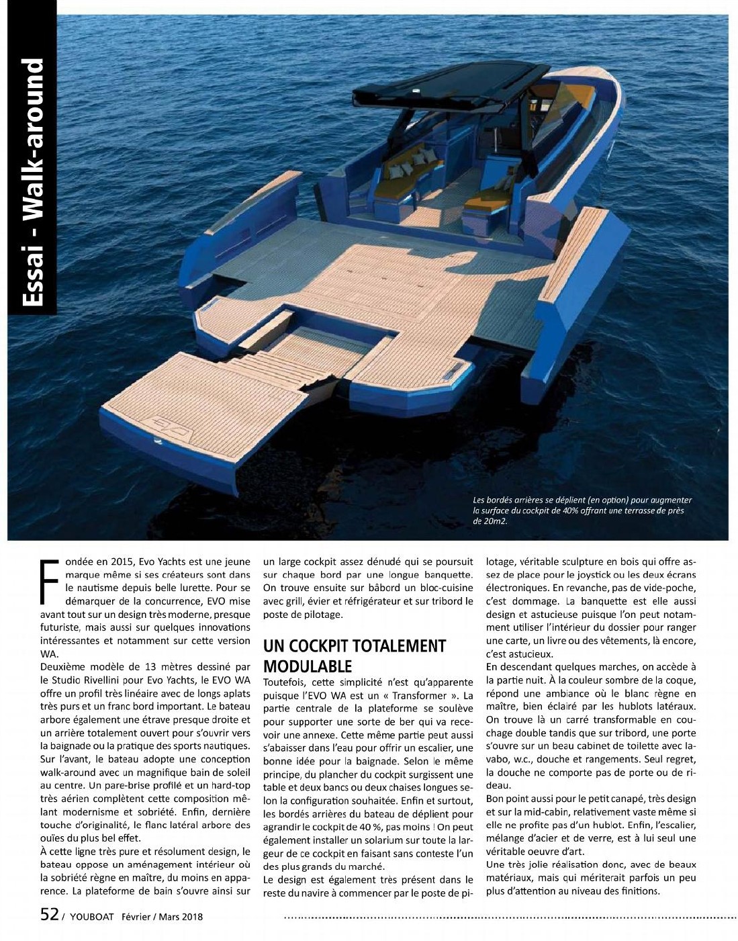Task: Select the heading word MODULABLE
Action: click(x=307, y=666)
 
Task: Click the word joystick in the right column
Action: click(x=616, y=575)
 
